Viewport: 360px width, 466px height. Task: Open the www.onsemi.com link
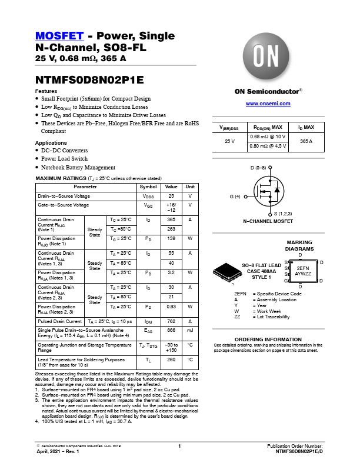268,104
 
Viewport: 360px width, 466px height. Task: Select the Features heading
46,91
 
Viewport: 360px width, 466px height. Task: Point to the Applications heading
51,143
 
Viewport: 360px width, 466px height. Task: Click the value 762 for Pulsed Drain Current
171,322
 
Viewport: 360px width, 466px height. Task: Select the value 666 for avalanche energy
171,331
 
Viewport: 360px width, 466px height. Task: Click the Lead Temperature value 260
171,359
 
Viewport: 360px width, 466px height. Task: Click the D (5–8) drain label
259,168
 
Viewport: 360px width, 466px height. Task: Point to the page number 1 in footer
179,447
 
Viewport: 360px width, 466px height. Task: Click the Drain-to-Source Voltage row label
64,195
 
